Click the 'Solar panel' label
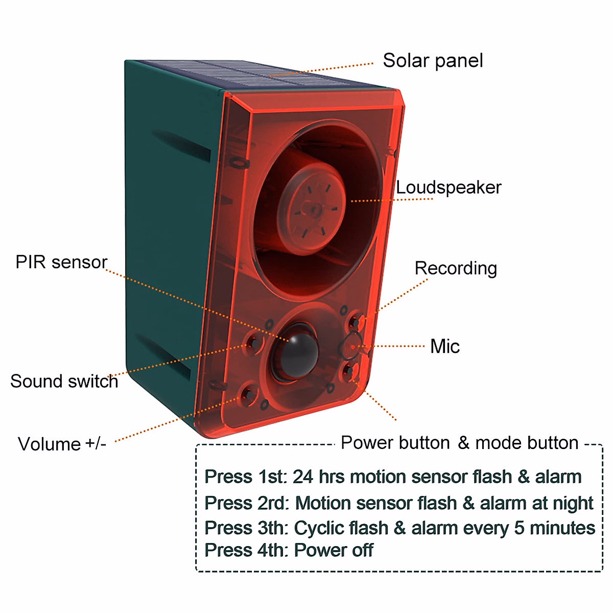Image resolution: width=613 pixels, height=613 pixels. (x=433, y=61)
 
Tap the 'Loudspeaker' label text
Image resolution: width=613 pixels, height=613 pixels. (x=449, y=187)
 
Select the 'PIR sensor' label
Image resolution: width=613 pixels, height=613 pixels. (x=61, y=262)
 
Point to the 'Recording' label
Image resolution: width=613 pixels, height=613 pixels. (x=456, y=268)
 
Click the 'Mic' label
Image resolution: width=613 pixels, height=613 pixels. (x=444, y=346)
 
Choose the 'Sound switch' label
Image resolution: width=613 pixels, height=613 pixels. (x=64, y=381)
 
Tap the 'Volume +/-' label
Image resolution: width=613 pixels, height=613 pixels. (x=62, y=443)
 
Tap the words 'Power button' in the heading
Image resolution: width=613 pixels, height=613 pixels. (x=395, y=442)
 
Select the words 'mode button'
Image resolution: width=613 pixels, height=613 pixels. (x=527, y=442)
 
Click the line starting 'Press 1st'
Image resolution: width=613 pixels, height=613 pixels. (x=393, y=477)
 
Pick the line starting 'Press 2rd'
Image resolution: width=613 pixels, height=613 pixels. (x=398, y=503)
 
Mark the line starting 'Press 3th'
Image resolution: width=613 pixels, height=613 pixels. (x=399, y=528)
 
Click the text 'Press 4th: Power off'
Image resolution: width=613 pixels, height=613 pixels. (x=289, y=550)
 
